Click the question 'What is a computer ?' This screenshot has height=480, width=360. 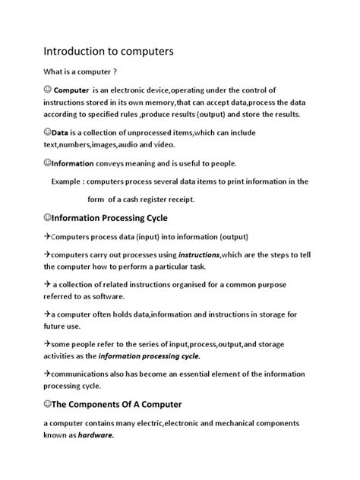[x=80, y=74]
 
